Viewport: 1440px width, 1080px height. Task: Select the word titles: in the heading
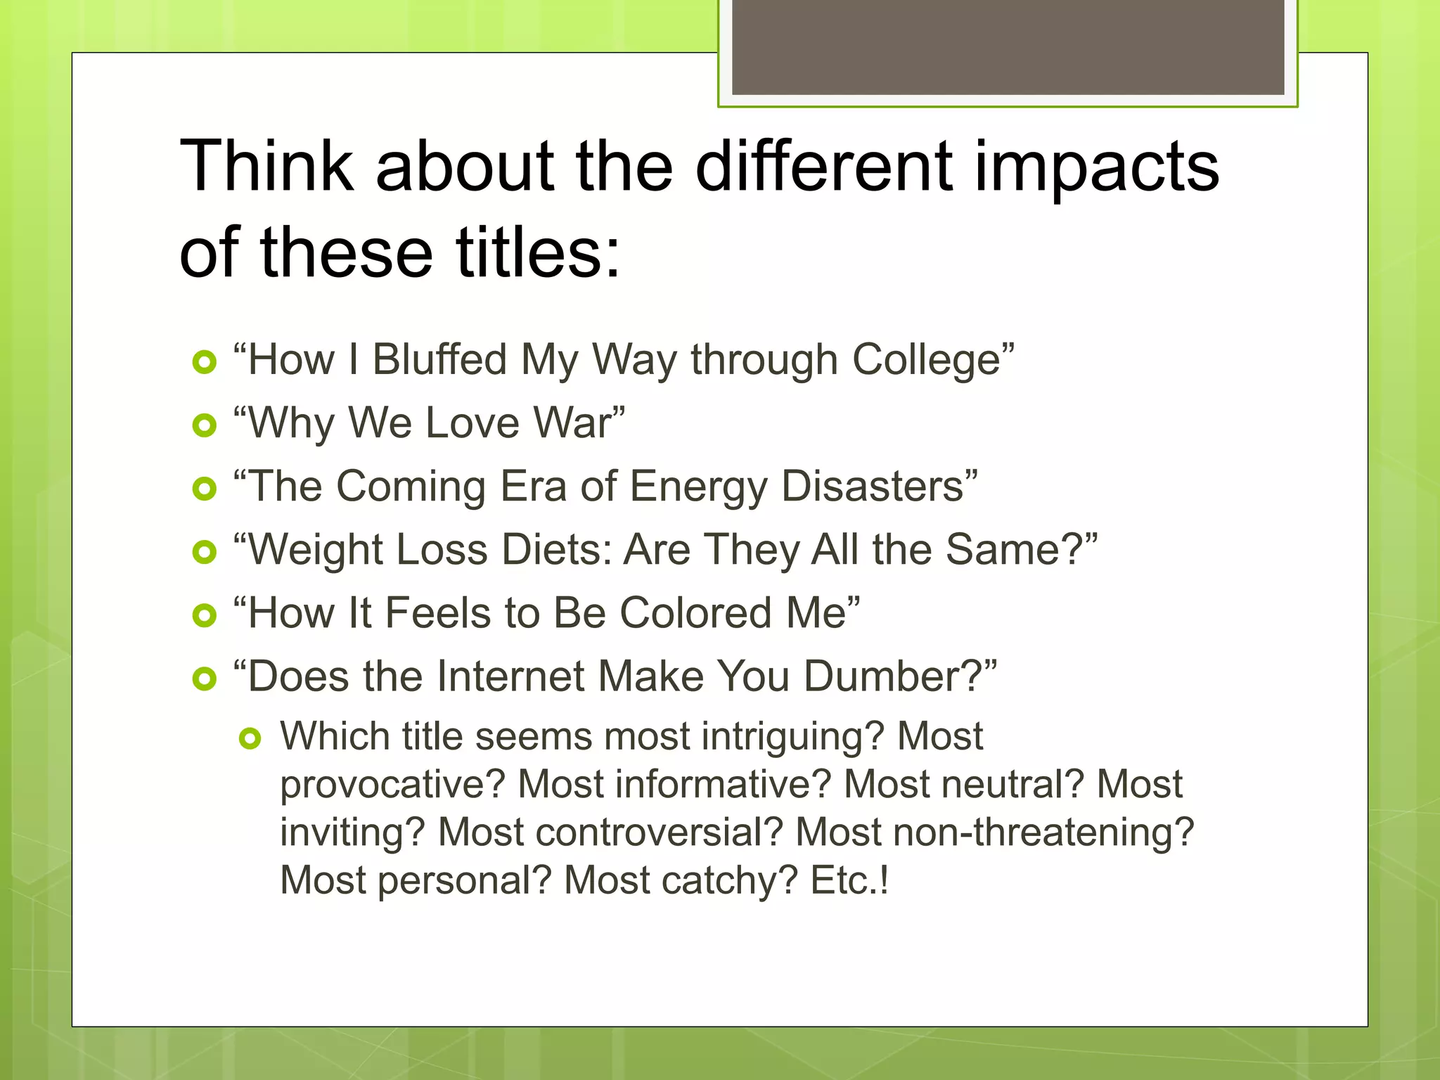pos(538,252)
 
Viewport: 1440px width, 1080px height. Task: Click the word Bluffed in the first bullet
pos(439,359)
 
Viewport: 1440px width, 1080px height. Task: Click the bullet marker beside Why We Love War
pos(204,425)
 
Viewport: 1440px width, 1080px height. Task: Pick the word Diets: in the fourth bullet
pos(556,549)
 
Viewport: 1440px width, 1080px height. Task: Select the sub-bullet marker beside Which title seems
pos(250,738)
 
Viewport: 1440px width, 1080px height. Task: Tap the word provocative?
pos(392,785)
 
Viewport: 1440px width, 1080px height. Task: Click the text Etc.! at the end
pos(849,880)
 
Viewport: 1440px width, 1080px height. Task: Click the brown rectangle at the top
pos(1008,46)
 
